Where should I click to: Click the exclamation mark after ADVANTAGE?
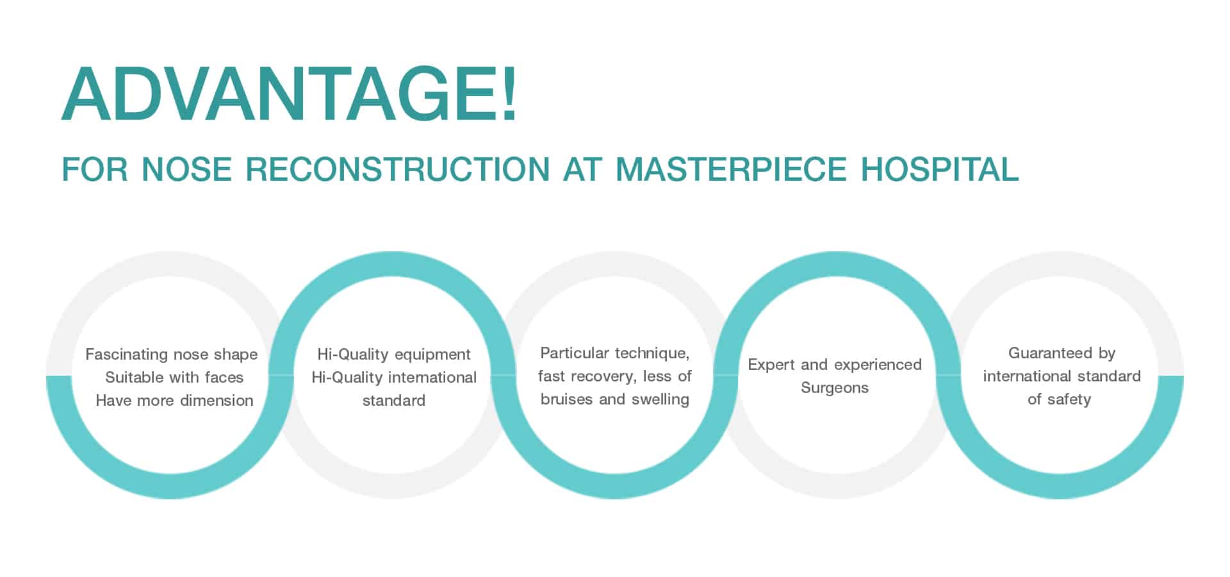pyautogui.click(x=509, y=93)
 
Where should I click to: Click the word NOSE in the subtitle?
pyautogui.click(x=186, y=169)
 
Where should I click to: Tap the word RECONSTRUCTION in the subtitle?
pyautogui.click(x=398, y=169)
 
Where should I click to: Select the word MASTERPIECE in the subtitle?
pyautogui.click(x=731, y=169)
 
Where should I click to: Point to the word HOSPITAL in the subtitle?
pyautogui.click(x=940, y=169)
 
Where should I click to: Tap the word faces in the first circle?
pyautogui.click(x=224, y=377)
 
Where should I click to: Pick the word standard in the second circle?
pyautogui.click(x=394, y=400)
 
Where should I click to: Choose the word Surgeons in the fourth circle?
pyautogui.click(x=835, y=388)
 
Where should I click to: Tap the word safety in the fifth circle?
pyautogui.click(x=1069, y=399)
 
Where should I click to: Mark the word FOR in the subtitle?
pyautogui.click(x=95, y=169)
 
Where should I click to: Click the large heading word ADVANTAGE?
pyautogui.click(x=278, y=93)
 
